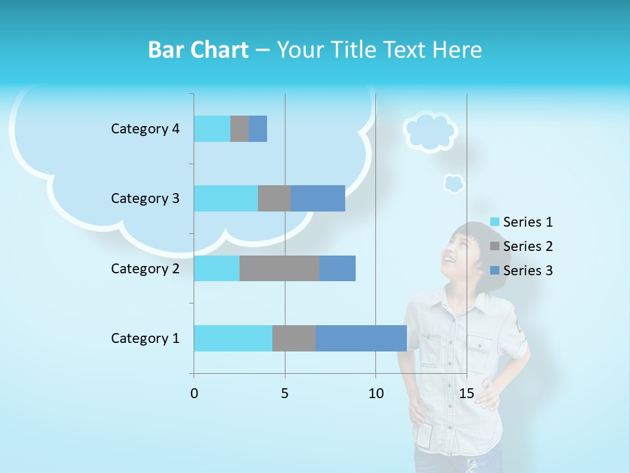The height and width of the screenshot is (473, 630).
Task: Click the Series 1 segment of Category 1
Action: [x=233, y=338]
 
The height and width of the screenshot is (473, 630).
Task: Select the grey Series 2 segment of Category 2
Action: [x=280, y=268]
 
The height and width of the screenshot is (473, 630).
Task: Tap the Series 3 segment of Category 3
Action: [x=318, y=198]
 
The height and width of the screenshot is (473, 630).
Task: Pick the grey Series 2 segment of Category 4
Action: [x=240, y=129]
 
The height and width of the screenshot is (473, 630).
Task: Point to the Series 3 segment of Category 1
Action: [x=361, y=338]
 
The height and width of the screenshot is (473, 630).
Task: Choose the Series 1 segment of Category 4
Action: [x=212, y=129]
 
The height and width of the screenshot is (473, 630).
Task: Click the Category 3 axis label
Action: [x=145, y=198]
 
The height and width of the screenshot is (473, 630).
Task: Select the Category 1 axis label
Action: [x=145, y=338]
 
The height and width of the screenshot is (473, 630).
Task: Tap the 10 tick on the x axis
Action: [x=375, y=394]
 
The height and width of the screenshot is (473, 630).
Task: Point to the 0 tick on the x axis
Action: [x=194, y=394]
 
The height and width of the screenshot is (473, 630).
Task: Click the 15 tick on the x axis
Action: [x=467, y=394]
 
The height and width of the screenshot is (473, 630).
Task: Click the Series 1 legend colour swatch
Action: [x=495, y=222]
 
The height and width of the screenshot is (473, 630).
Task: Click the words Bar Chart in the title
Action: [x=198, y=50]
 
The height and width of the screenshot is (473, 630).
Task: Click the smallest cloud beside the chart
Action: [x=453, y=183]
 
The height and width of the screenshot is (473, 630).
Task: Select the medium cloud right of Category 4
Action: [x=430, y=131]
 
